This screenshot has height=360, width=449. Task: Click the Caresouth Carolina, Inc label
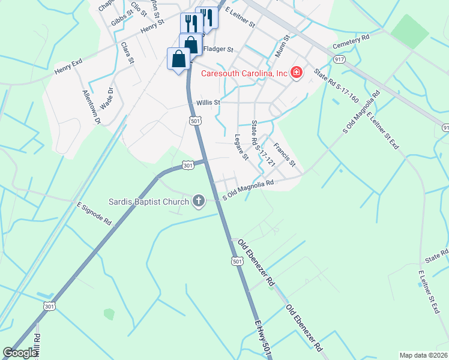point(244,73)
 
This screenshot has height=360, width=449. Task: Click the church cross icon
point(199,202)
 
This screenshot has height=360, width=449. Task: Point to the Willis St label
point(208,103)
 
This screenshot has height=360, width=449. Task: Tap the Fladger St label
point(218,49)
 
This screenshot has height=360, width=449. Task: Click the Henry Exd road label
point(68,62)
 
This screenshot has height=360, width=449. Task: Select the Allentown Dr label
point(92,107)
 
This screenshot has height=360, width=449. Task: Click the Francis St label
point(285,155)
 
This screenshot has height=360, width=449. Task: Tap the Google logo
point(20,353)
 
